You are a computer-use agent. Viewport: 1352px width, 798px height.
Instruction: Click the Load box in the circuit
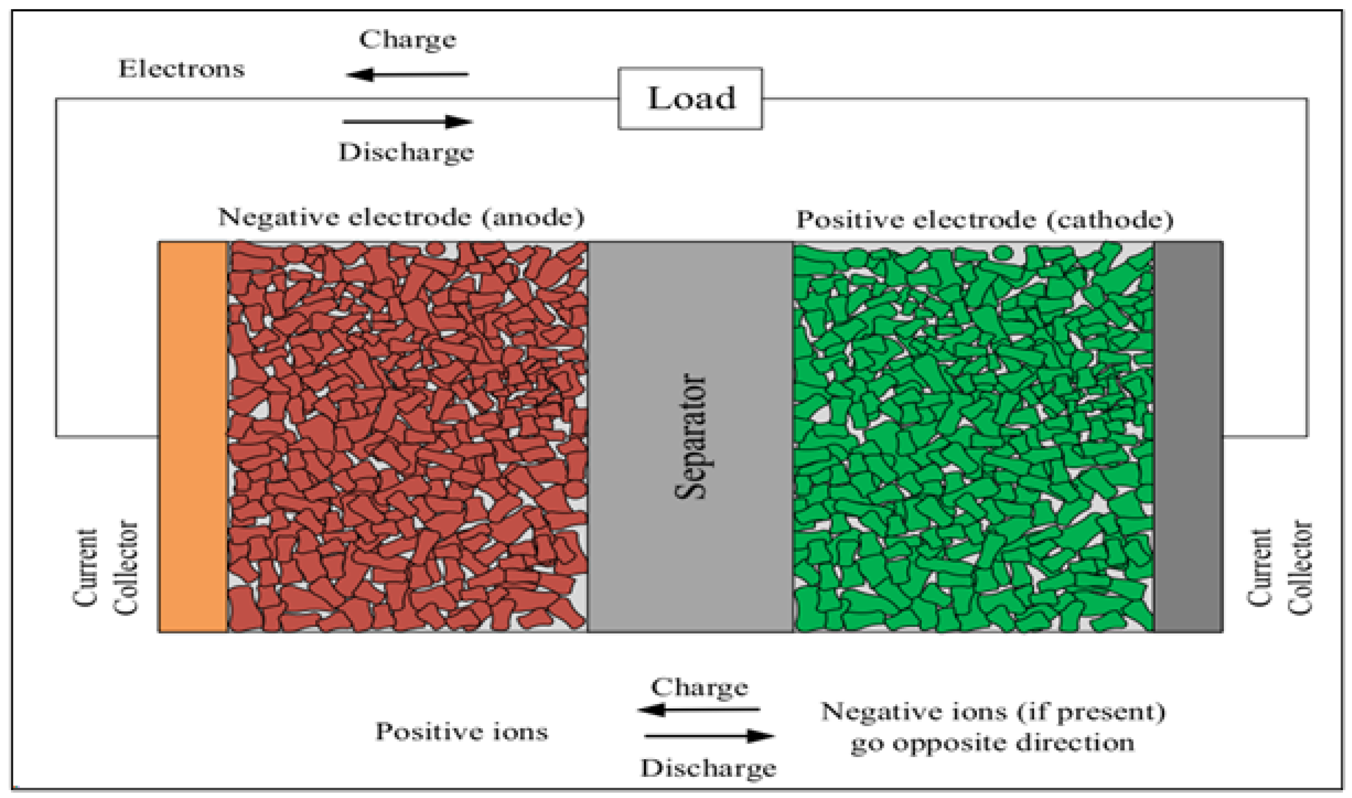tap(690, 99)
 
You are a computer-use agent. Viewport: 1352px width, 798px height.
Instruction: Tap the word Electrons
tap(182, 69)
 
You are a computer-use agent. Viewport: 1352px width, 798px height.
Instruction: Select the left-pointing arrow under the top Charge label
tap(407, 74)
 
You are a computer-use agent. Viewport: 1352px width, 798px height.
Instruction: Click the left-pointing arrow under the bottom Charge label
tap(699, 710)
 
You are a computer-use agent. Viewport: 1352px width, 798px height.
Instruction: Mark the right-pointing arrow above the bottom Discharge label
tap(709, 736)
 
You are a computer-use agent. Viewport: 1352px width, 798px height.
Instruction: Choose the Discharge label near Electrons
tap(406, 152)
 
